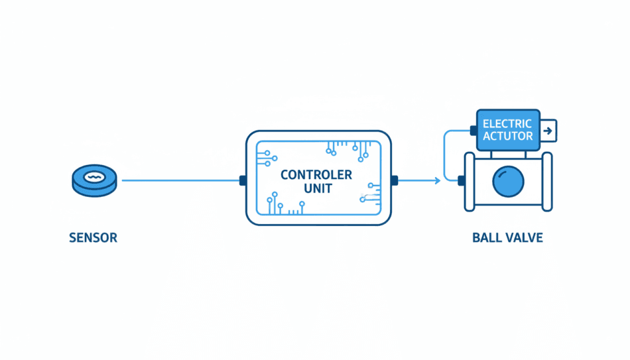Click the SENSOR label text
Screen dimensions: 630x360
94,238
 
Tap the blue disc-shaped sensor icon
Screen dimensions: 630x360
94,181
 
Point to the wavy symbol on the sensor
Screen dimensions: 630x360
94,177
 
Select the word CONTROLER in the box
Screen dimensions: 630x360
316,175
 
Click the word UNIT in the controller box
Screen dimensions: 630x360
318,188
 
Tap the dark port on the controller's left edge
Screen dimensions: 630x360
242,180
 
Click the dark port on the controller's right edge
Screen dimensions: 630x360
394,180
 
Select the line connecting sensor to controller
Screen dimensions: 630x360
180,180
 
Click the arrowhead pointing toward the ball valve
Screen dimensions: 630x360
437,180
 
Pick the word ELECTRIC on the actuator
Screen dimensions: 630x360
507,124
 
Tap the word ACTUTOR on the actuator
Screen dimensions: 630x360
508,136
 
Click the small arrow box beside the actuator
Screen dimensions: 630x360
548,130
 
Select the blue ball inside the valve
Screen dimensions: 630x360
508,181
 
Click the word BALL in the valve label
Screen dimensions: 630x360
485,238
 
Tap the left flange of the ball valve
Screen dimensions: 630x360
469,182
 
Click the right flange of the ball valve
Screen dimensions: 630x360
547,182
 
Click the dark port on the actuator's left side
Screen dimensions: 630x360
474,130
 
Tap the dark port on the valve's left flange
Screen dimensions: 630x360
461,181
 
